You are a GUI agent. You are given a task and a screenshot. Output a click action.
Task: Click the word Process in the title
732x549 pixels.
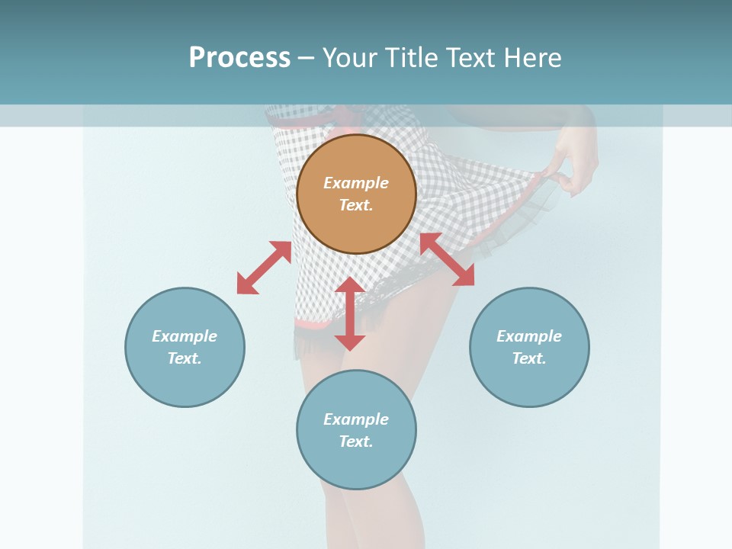click(239, 57)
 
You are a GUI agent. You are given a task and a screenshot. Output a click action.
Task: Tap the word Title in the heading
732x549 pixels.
click(416, 58)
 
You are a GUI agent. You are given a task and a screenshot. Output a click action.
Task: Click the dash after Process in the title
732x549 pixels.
click(306, 59)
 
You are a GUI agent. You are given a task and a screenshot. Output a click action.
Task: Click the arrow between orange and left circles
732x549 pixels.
click(264, 268)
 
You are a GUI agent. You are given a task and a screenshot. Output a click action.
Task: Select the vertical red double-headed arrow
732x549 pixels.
click(350, 313)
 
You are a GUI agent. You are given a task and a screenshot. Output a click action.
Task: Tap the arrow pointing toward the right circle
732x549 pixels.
click(448, 259)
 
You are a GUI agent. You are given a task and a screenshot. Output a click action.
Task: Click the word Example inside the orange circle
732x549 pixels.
click(356, 183)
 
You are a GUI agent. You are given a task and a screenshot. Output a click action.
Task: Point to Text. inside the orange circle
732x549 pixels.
click(356, 205)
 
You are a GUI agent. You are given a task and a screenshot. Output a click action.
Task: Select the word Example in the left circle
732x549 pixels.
click(185, 336)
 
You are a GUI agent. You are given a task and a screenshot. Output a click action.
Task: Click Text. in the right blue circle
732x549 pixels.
click(529, 358)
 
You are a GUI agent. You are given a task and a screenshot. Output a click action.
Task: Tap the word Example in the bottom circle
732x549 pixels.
click(356, 419)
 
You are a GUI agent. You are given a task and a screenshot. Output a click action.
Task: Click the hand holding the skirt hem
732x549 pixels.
click(572, 164)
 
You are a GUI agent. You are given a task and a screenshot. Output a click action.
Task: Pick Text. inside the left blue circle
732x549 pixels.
click(185, 358)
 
